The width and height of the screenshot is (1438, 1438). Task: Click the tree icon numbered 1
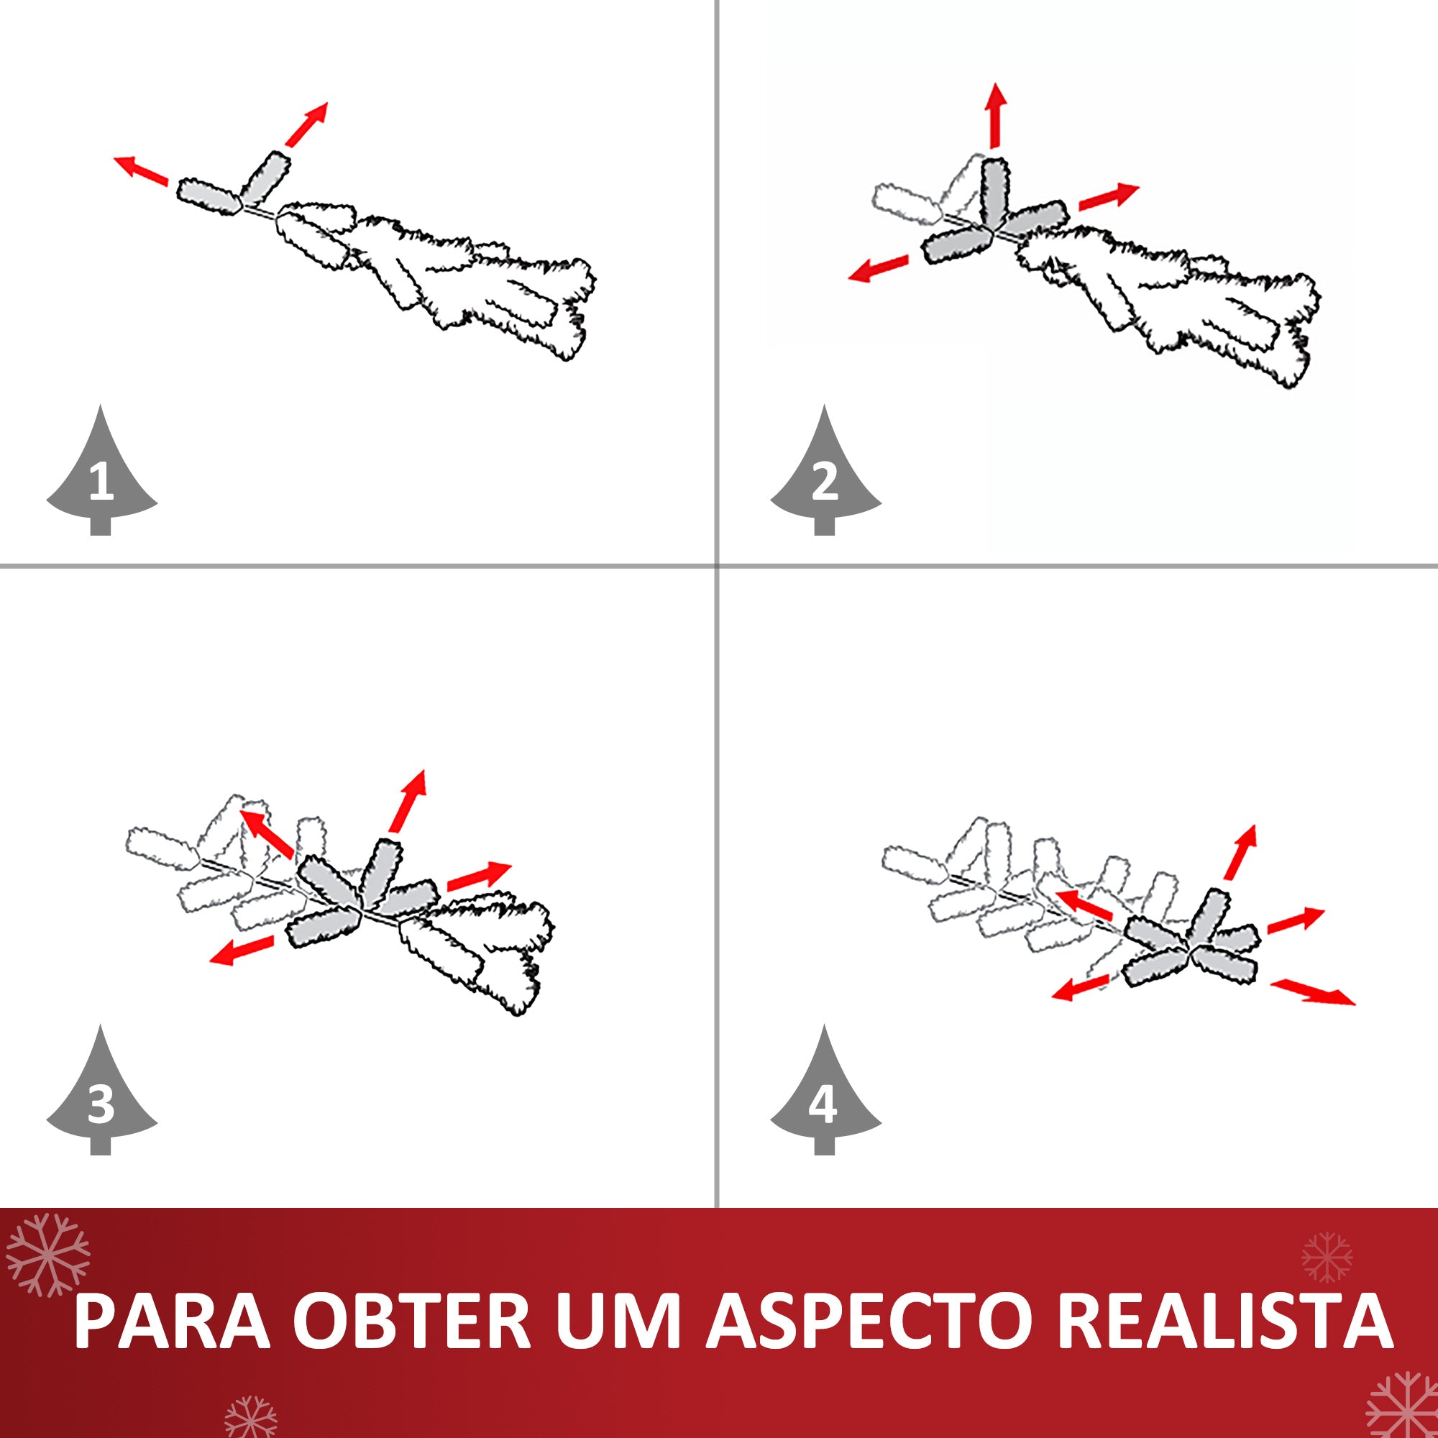(x=101, y=477)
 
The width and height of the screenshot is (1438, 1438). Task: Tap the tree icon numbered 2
(x=825, y=477)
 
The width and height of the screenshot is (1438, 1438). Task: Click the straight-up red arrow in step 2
(x=996, y=115)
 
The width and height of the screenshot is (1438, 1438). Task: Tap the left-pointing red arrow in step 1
(x=141, y=169)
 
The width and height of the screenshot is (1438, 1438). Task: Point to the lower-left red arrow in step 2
(x=879, y=269)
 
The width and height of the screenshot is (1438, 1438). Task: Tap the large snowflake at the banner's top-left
(x=47, y=1255)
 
